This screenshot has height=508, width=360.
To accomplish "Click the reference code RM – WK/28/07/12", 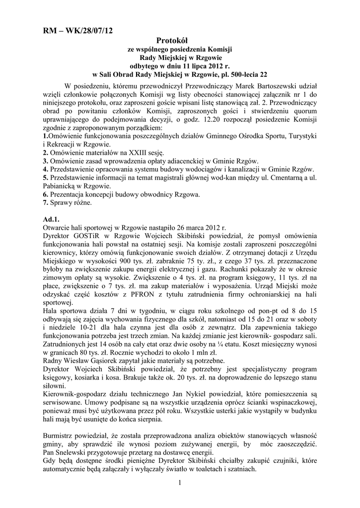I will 78,31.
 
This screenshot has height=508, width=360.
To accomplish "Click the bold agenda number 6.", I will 46,194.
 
